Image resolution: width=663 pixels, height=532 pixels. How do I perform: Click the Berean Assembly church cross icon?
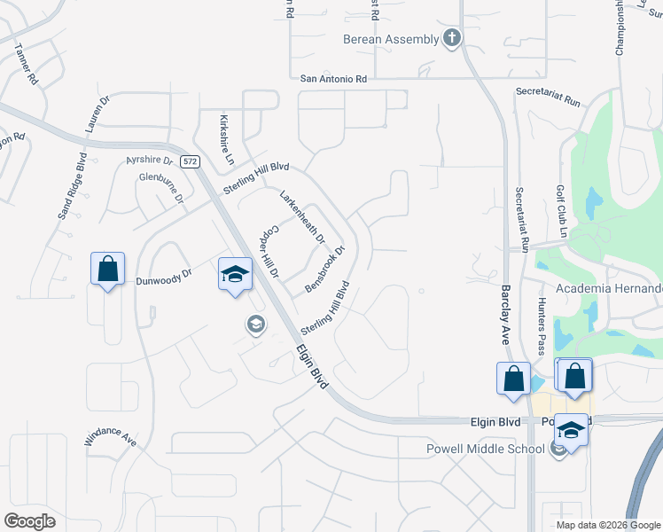point(452,38)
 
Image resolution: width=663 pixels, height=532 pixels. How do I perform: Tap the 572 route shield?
point(190,161)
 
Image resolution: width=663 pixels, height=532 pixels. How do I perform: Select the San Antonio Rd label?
point(333,79)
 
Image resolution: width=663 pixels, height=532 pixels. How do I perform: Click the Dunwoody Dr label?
point(164,278)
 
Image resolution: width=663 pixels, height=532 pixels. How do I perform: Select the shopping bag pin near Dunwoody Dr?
point(107,269)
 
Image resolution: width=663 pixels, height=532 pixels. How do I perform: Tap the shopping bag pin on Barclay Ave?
point(513,379)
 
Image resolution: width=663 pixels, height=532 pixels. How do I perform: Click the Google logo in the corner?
point(29,521)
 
